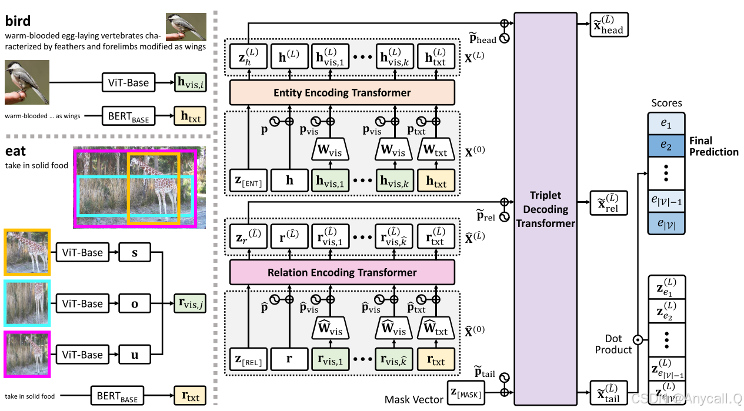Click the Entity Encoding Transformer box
[342, 93]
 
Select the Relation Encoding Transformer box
[342, 272]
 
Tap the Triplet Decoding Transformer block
[545, 209]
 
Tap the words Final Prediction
[714, 146]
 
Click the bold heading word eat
[16, 151]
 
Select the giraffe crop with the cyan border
[27, 303]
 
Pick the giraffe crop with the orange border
[27, 252]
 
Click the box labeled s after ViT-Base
[135, 252]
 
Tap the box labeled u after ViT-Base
[135, 355]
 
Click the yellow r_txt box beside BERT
[189, 396]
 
